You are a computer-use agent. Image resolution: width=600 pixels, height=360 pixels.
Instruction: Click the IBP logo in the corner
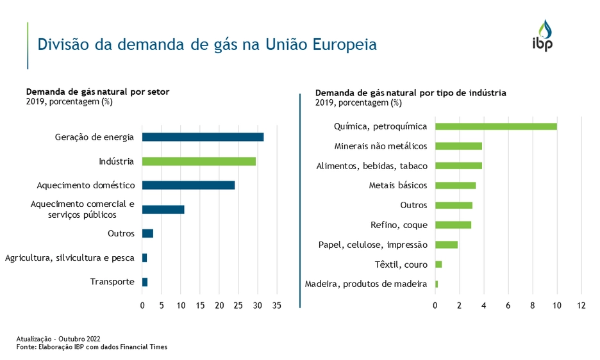(x=542, y=36)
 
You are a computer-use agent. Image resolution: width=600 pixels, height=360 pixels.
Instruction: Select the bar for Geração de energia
(x=203, y=136)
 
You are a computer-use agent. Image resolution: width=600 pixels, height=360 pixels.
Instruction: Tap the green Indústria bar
(x=199, y=161)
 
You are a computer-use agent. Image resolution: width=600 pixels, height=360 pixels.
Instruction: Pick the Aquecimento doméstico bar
(x=188, y=185)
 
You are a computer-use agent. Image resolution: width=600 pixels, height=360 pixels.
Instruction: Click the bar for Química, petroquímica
(x=496, y=126)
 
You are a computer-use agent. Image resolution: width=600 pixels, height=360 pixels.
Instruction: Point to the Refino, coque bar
(x=453, y=225)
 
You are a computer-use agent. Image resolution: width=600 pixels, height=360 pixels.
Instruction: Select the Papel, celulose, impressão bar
(x=446, y=245)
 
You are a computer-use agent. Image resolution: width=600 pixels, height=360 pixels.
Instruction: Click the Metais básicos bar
(x=455, y=185)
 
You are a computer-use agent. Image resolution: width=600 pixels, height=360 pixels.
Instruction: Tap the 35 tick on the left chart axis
(x=278, y=306)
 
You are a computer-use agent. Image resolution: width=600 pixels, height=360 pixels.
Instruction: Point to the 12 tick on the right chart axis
(x=581, y=306)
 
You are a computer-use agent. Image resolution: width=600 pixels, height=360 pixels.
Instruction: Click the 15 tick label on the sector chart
(x=201, y=306)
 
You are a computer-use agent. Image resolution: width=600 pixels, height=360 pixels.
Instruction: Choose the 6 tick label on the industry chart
(x=508, y=306)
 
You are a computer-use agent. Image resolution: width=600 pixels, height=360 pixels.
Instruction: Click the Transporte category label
(x=112, y=282)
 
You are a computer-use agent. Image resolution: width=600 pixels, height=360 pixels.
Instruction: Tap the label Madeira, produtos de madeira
(x=366, y=284)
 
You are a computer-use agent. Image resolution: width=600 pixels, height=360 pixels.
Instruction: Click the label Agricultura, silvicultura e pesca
(x=70, y=258)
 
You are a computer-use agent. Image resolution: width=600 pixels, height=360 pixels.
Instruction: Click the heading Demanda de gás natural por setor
(x=97, y=92)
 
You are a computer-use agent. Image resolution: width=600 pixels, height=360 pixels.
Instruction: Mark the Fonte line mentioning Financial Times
(x=92, y=347)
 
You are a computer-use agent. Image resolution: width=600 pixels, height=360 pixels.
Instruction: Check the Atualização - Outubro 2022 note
(x=58, y=339)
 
